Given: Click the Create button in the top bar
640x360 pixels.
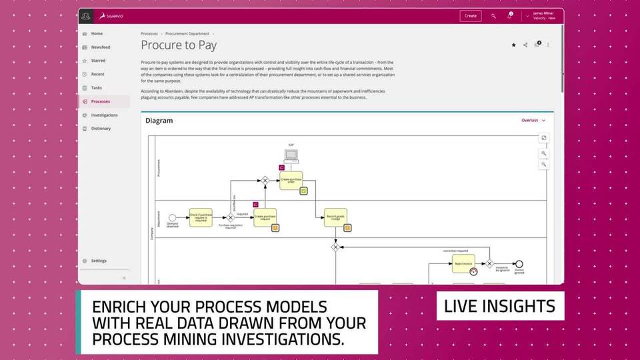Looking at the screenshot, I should click(470, 16).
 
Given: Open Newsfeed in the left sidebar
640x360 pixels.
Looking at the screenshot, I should click(100, 47).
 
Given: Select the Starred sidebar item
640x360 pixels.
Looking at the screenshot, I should click(97, 61).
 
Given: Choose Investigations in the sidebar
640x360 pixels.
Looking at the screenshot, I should click(104, 115).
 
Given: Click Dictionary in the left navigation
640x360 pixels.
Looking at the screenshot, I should click(101, 129).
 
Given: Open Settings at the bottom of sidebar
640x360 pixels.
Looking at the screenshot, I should click(98, 261).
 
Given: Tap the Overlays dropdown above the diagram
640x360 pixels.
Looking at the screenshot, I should click(533, 121).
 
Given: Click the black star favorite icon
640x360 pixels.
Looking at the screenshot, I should click(513, 45).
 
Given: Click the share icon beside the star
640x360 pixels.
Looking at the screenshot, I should click(525, 45).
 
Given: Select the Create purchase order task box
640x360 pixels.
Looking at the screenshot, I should click(291, 181).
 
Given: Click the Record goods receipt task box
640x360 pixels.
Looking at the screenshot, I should click(335, 217).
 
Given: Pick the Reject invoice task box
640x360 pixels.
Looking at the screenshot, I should click(463, 263).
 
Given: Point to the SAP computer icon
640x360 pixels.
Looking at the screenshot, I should click(291, 155).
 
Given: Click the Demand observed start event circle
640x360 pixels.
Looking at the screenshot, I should click(172, 217).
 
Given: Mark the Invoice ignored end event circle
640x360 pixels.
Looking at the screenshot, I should click(519, 264).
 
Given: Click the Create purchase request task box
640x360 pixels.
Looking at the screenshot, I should click(265, 217).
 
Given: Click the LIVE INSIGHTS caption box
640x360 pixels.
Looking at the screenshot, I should click(500, 306).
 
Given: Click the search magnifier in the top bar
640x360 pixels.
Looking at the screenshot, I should click(493, 16).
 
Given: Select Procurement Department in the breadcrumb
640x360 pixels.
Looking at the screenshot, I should click(187, 33).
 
